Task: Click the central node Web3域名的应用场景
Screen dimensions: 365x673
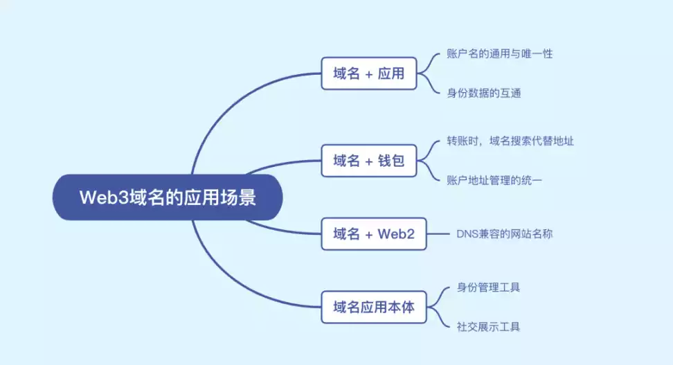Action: (168, 198)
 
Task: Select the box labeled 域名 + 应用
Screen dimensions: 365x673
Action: (368, 73)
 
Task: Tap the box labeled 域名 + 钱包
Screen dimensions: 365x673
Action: (368, 161)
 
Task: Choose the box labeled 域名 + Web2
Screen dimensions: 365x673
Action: (373, 234)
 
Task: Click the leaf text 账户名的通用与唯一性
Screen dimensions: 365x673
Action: (500, 54)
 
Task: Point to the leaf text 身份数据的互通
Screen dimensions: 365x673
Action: (484, 93)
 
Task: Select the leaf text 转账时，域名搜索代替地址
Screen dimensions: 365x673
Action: (510, 141)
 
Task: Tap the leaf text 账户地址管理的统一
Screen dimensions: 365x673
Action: (494, 180)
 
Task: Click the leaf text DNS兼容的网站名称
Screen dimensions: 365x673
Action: (504, 234)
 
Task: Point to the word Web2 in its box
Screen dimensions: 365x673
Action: (396, 234)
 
